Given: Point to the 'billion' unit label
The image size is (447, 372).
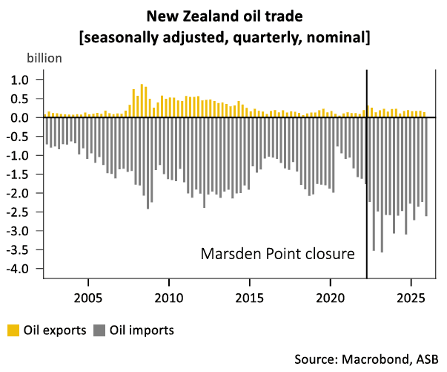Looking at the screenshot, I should pyautogui.click(x=44, y=57).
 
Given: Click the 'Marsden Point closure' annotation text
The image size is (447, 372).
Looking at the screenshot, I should pyautogui.click(x=278, y=254).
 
